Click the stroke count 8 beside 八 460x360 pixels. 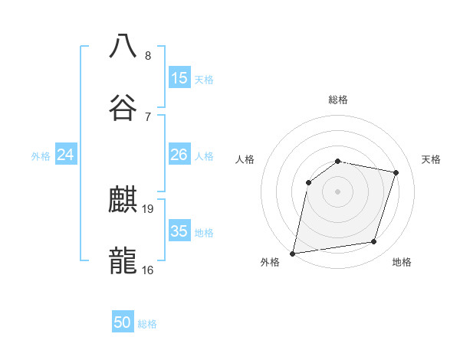click(148, 55)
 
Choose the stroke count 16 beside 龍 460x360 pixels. click(148, 270)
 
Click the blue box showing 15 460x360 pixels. click(179, 78)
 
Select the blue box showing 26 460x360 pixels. click(179, 155)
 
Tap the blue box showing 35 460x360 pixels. click(179, 231)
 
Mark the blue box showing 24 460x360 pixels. click(66, 155)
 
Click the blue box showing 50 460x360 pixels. click(123, 322)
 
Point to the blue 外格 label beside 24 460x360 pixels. click(41, 156)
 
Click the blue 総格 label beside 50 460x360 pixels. click(147, 324)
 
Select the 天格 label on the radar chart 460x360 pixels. click(431, 159)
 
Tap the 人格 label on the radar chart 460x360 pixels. click(245, 159)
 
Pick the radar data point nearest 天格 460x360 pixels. click(396, 172)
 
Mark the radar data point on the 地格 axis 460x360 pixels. click(374, 242)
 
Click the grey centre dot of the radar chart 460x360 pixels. click(337, 191)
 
